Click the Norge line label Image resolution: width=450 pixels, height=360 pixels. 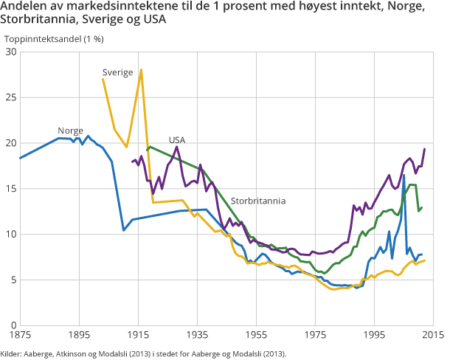(70, 131)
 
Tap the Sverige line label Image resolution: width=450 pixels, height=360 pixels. (117, 72)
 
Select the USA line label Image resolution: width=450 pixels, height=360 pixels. (176, 140)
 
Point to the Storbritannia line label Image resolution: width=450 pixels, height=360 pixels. (257, 200)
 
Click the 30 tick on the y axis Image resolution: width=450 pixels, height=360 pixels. (11, 52)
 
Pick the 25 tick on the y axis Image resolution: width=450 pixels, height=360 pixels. (11, 97)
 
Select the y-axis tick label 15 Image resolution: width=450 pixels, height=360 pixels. (11, 189)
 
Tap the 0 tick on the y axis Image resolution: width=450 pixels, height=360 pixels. (13, 325)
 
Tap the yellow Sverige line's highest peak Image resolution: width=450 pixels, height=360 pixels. (141, 69)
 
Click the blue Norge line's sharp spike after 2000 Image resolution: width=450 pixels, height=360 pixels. (404, 175)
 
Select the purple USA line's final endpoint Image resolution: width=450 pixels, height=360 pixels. (425, 149)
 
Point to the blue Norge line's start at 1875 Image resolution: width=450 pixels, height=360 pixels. (20, 158)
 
